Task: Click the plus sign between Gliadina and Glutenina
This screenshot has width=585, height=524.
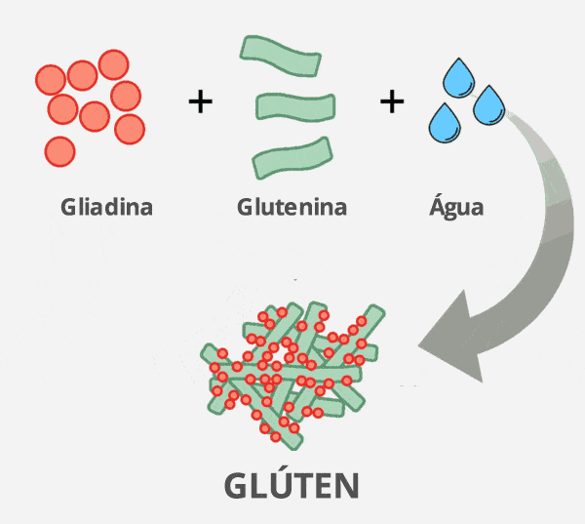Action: pyautogui.click(x=200, y=101)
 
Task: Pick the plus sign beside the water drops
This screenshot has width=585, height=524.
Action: pyautogui.click(x=391, y=101)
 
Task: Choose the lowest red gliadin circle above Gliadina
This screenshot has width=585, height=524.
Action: pyautogui.click(x=59, y=151)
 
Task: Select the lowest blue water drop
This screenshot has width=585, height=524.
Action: pyautogui.click(x=446, y=122)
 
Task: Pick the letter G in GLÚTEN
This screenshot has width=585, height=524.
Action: pyautogui.click(x=239, y=486)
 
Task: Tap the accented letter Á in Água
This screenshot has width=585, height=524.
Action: pyautogui.click(x=438, y=206)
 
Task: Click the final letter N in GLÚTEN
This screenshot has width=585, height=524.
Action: pyautogui.click(x=344, y=486)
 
